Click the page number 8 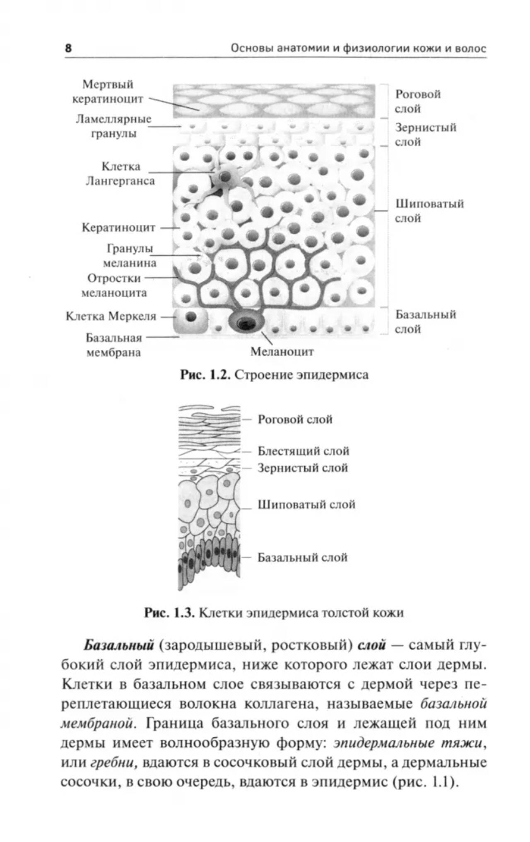(68, 48)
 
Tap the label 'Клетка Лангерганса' (120, 174)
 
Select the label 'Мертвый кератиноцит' (108, 92)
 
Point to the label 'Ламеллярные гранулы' (113, 126)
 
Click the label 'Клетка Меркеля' (111, 316)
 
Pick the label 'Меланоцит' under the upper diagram (282, 352)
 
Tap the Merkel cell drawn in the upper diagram (190, 320)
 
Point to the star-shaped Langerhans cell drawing (225, 178)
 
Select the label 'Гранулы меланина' (130, 256)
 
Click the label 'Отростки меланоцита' (114, 285)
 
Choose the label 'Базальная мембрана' (113, 345)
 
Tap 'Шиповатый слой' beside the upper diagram (429, 211)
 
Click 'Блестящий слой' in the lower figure (303, 451)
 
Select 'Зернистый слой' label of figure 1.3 (302, 468)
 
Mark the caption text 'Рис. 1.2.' (205, 375)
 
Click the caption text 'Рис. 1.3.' (169, 613)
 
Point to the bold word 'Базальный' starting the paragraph (119, 645)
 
